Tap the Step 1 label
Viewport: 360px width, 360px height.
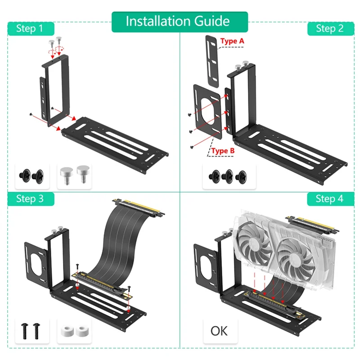pyautogui.click(x=29, y=28)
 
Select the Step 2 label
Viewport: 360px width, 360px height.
pyautogui.click(x=329, y=28)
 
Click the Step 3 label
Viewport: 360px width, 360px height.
pyautogui.click(x=29, y=198)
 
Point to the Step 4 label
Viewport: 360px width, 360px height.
pyautogui.click(x=329, y=198)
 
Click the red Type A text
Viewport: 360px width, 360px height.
pyautogui.click(x=233, y=41)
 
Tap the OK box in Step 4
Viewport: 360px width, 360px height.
pyautogui.click(x=219, y=331)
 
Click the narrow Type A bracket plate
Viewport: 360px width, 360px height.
pyautogui.click(x=211, y=61)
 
